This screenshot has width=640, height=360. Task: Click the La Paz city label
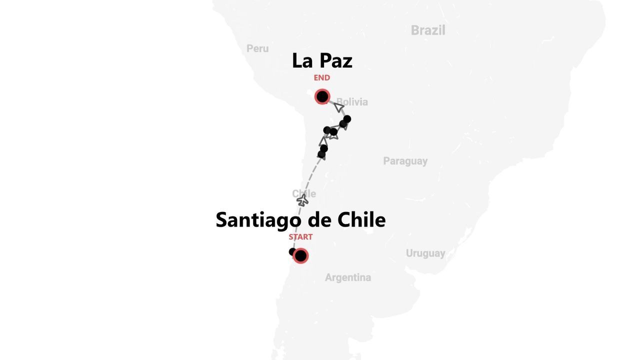point(322,60)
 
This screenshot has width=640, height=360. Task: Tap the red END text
point(322,78)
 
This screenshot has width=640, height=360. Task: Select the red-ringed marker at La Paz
point(322,96)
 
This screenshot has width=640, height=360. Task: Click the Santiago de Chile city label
point(300,220)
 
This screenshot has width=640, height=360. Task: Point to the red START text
point(300,237)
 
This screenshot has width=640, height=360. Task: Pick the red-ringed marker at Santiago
point(300,256)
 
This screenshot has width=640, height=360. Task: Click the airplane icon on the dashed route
point(302,200)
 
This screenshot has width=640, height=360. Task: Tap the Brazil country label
point(428,30)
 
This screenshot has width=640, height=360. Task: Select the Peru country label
point(257,48)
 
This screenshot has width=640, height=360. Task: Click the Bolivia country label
point(352,102)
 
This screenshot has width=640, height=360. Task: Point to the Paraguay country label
point(405,161)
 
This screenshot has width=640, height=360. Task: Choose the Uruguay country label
point(425,253)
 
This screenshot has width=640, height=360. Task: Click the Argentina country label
point(348,277)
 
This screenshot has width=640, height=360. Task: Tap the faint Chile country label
point(304,193)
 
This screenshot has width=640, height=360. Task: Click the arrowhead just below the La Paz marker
point(339,107)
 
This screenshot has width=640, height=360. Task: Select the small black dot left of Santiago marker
point(292,252)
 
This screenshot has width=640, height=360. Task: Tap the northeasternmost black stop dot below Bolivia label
point(347,119)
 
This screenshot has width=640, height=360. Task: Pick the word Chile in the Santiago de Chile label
point(361,220)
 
